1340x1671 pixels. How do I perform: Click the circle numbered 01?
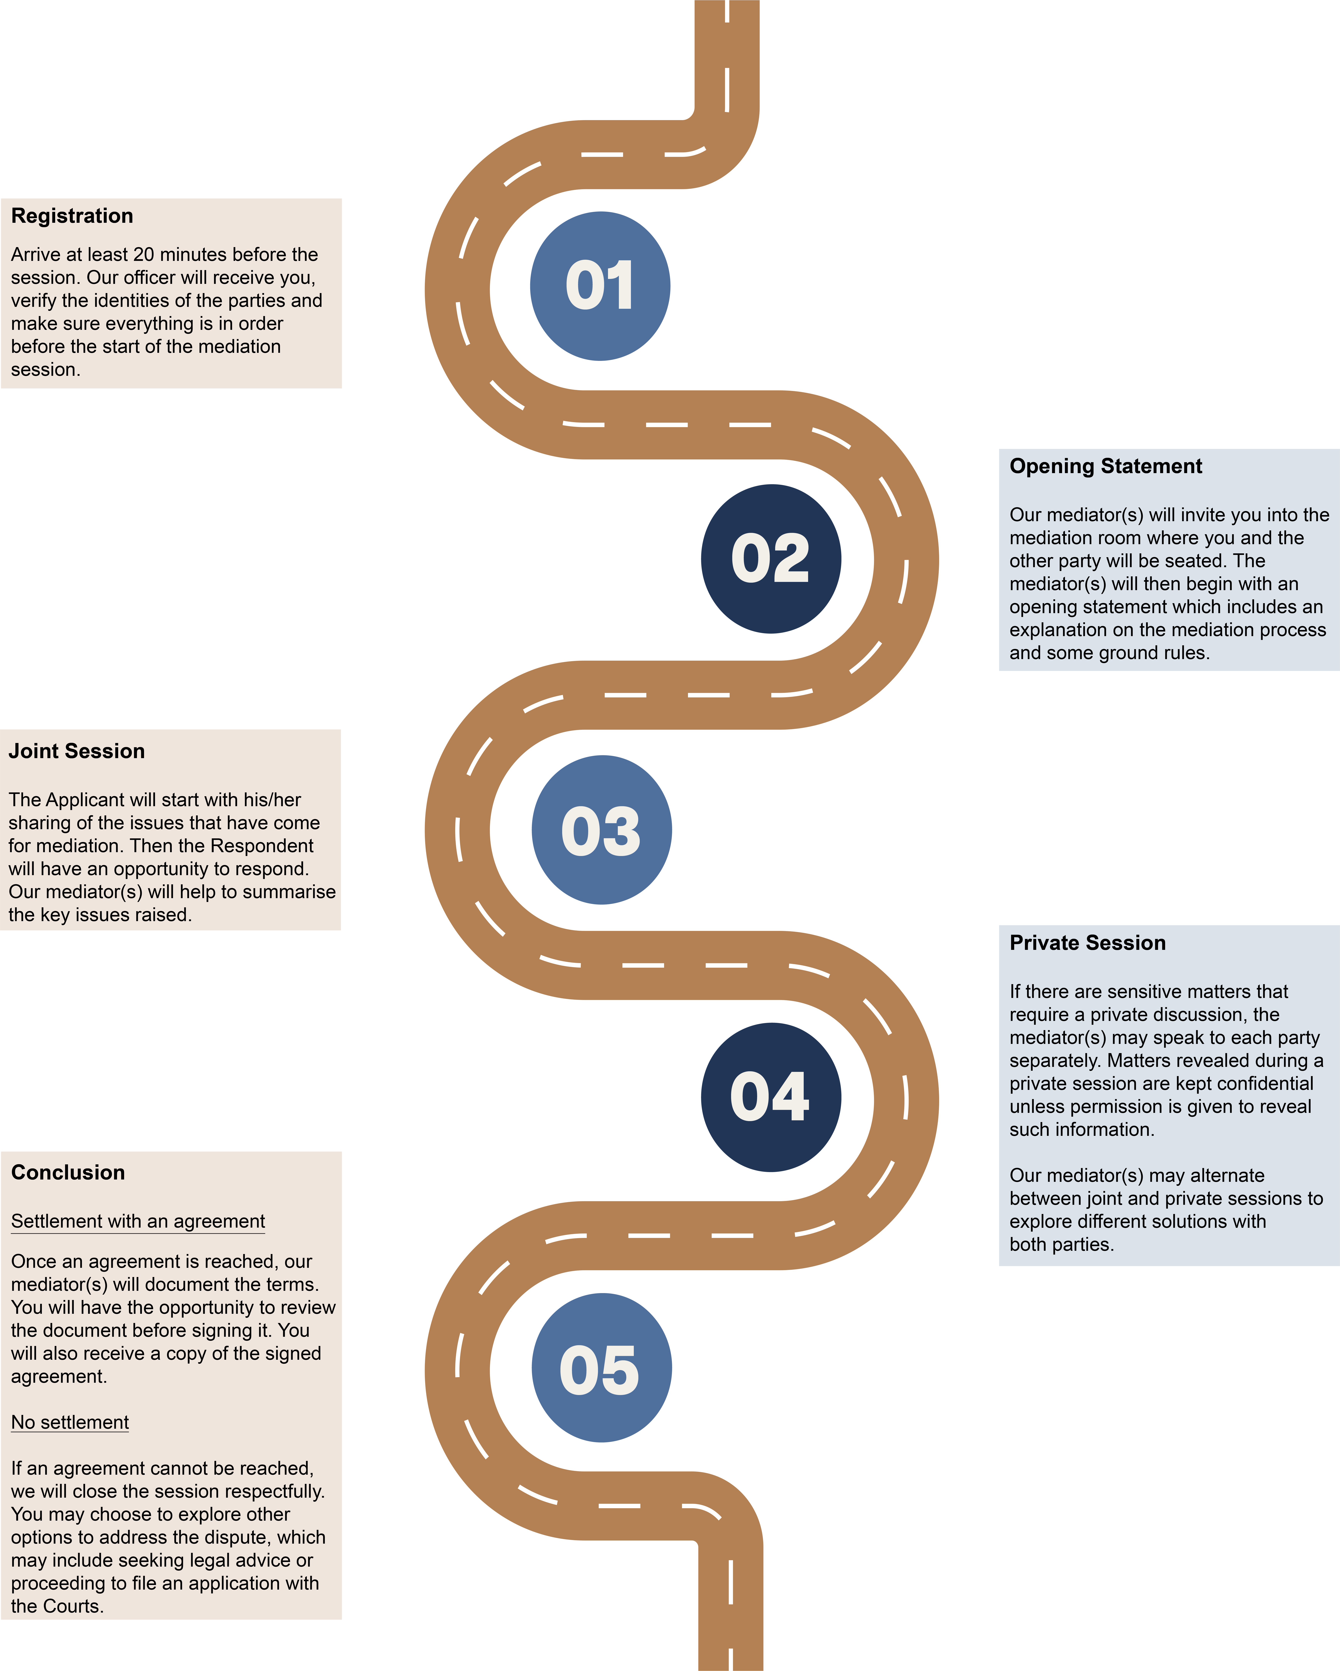(x=600, y=286)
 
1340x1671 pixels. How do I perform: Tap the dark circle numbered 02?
(x=771, y=559)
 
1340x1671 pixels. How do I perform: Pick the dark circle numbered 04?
(x=771, y=1098)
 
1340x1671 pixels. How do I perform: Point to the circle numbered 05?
(x=601, y=1368)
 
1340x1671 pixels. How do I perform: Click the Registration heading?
(x=72, y=216)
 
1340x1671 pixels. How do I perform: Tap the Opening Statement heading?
(x=1105, y=467)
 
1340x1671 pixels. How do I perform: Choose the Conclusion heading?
(x=68, y=1173)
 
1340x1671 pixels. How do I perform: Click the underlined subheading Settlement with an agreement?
(x=138, y=1221)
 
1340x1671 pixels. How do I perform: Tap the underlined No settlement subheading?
(x=70, y=1423)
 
